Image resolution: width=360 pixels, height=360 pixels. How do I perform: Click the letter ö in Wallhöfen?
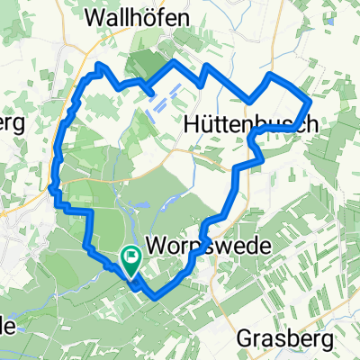(161, 17)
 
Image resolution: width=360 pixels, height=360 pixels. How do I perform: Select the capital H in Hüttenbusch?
(192, 124)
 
